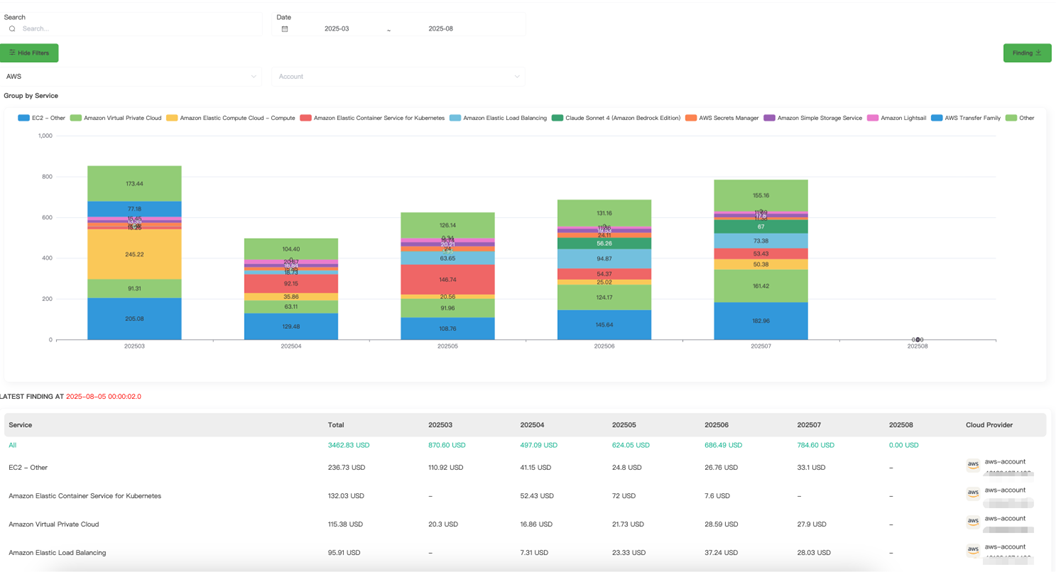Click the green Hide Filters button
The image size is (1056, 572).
pyautogui.click(x=29, y=53)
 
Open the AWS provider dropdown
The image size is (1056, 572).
pyautogui.click(x=131, y=76)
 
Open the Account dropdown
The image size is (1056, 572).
pyautogui.click(x=398, y=76)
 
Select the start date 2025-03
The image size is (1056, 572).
pyautogui.click(x=337, y=29)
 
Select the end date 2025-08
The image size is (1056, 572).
pyautogui.click(x=440, y=29)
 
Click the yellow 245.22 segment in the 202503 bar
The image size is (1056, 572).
pyautogui.click(x=134, y=254)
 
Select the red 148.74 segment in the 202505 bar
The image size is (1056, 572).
pyautogui.click(x=448, y=280)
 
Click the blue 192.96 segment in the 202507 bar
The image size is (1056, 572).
pyautogui.click(x=761, y=321)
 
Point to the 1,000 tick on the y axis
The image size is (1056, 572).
pyautogui.click(x=45, y=136)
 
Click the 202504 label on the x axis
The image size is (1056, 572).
pyautogui.click(x=291, y=346)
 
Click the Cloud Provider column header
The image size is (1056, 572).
pyautogui.click(x=989, y=425)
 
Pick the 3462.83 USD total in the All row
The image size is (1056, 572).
pyautogui.click(x=349, y=445)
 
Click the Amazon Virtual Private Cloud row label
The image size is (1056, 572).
pyautogui.click(x=54, y=524)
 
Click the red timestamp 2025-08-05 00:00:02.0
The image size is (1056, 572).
pyautogui.click(x=103, y=397)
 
